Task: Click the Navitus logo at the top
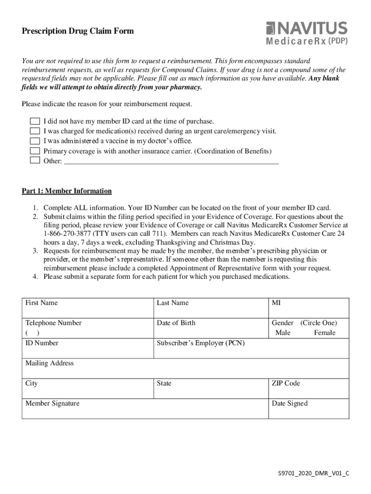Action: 306,32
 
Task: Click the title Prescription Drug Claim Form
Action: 78,31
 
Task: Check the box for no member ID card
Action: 35,121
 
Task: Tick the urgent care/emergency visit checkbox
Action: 35,131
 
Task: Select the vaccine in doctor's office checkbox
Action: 35,141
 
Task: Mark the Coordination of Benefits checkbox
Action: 35,151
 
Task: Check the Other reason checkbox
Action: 35,161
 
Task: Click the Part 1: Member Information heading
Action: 66,191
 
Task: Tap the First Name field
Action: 87,311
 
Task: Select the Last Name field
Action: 210,311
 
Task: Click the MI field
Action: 308,311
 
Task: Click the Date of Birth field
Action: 210,331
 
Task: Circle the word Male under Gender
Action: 283,333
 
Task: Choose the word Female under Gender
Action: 324,333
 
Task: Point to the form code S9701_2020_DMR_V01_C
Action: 311,473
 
